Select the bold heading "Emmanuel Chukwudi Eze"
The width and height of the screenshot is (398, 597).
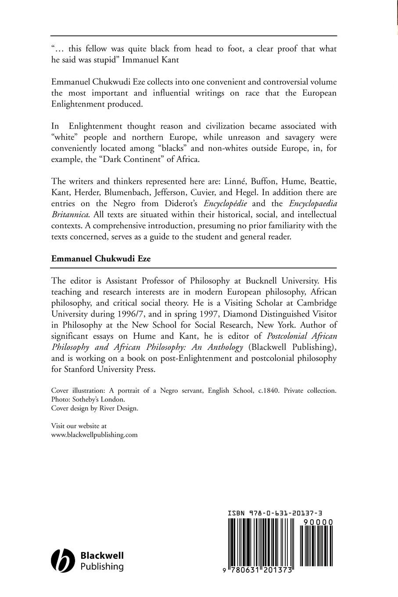(x=101, y=259)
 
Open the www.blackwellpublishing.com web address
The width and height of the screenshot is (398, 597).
(x=94, y=435)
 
